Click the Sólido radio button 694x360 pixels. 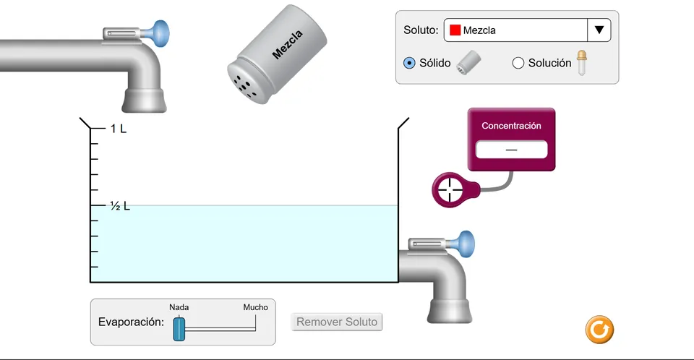(x=409, y=63)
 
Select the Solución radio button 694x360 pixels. (x=518, y=63)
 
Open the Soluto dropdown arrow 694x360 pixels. (x=599, y=30)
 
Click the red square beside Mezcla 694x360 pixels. (x=455, y=30)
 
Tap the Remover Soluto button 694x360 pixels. (x=337, y=322)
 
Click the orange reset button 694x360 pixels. (x=599, y=330)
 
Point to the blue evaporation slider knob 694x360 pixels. (x=179, y=329)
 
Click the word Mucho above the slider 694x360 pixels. (x=255, y=307)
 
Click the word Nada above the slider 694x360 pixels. (x=179, y=307)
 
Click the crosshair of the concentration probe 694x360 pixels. (x=450, y=190)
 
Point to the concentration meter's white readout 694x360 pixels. (x=511, y=149)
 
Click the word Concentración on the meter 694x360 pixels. (x=511, y=126)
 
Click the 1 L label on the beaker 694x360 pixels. (x=118, y=129)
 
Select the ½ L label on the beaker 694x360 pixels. (x=120, y=206)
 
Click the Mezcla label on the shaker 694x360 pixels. (x=287, y=45)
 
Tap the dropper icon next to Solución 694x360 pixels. (x=581, y=62)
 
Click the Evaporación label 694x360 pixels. (x=131, y=322)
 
